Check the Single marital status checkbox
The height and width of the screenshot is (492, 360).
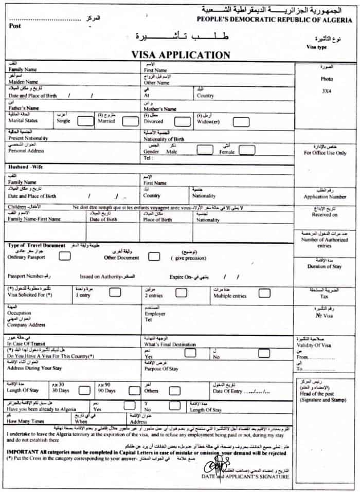click(x=85, y=121)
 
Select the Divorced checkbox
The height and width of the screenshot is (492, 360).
click(x=182, y=121)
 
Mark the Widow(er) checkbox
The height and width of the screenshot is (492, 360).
click(x=241, y=122)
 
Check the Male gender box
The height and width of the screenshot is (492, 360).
click(x=205, y=150)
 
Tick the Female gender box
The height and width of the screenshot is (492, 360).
click(x=247, y=150)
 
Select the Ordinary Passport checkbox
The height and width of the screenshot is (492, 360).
click(x=65, y=256)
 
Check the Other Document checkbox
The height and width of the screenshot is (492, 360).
click(x=154, y=256)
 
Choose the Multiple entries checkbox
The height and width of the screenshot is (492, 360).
click(x=264, y=293)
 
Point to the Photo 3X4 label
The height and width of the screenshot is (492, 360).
click(x=327, y=85)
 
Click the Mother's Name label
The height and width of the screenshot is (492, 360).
click(x=160, y=109)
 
